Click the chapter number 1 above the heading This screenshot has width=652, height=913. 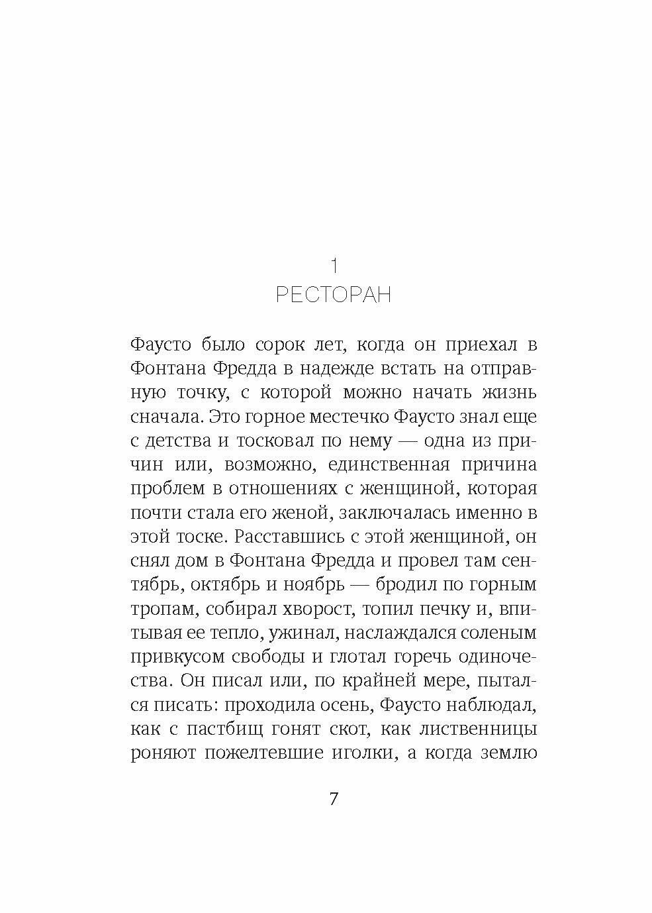click(x=334, y=266)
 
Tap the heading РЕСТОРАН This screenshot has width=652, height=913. click(x=334, y=294)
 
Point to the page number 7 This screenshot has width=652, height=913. click(x=333, y=798)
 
